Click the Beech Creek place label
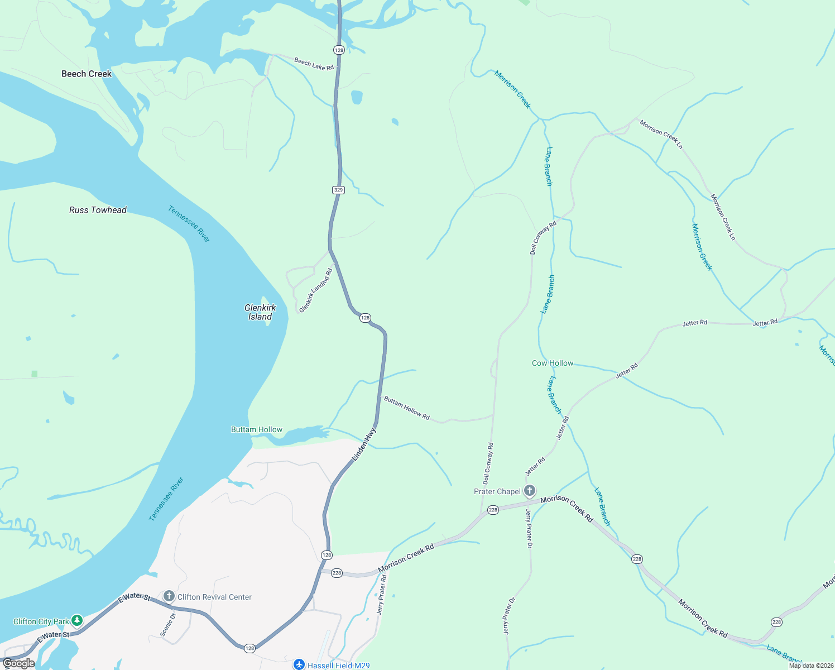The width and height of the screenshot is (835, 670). [x=87, y=74]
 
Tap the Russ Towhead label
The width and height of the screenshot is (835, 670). [x=98, y=210]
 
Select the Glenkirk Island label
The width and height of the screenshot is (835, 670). [x=260, y=312]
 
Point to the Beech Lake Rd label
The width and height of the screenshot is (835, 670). [x=314, y=64]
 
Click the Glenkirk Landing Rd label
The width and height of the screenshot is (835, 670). [x=316, y=290]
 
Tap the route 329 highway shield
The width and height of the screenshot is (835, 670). [x=338, y=190]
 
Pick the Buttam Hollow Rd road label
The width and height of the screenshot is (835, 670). [x=406, y=409]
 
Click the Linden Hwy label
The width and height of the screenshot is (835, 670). [x=364, y=444]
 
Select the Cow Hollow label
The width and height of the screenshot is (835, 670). [x=553, y=363]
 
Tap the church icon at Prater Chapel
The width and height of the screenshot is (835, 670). [x=530, y=491]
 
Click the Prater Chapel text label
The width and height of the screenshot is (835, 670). [x=497, y=491]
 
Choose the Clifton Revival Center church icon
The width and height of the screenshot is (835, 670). [x=169, y=596]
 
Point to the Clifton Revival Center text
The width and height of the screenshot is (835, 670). [x=214, y=597]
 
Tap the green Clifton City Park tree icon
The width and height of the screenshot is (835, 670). [x=77, y=621]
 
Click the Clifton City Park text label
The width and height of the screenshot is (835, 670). [x=41, y=621]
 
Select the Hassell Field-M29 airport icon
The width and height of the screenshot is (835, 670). [x=299, y=665]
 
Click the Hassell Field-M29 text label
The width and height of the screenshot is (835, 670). [x=338, y=666]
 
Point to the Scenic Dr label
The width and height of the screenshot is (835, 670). [x=168, y=625]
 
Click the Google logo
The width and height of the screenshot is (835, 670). [x=19, y=663]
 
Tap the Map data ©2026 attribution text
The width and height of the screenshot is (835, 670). [x=810, y=666]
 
